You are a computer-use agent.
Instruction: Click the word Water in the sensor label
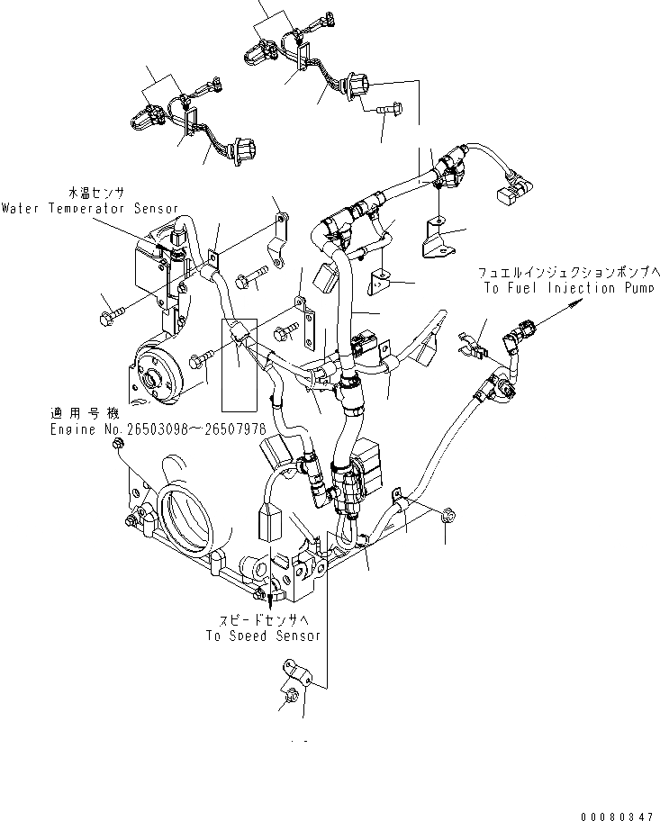coord(19,208)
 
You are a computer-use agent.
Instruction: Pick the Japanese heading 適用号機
coord(85,415)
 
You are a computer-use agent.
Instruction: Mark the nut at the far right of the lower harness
coord(446,515)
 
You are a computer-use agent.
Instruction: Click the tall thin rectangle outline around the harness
coord(239,365)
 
